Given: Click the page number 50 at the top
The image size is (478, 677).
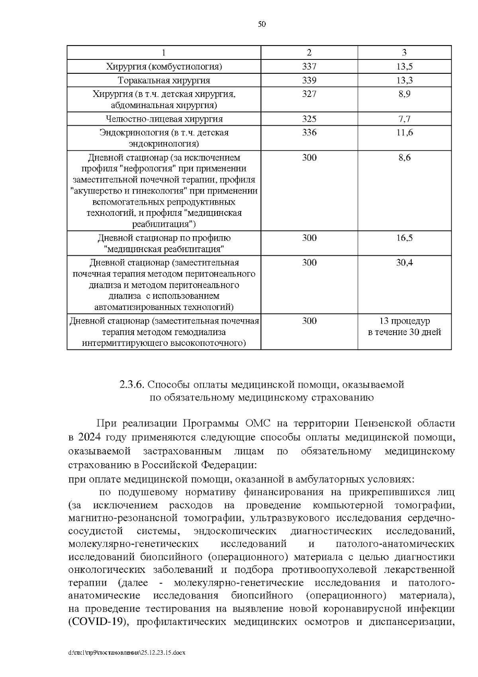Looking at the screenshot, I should pos(262,24).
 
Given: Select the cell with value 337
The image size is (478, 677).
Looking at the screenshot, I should pos(309,67).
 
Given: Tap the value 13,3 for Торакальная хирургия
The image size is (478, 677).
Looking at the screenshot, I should pos(404,80).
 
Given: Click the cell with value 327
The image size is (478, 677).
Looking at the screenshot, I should pos(309,94).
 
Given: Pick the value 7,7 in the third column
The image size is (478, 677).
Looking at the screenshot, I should pos(404,119).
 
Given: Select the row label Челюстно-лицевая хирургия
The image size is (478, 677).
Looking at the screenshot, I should pos(164,119).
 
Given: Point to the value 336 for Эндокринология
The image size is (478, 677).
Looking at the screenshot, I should pos(309,132).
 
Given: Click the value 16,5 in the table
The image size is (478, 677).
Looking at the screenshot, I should pos(404,238).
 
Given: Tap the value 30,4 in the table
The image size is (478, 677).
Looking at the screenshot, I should pos(404,263).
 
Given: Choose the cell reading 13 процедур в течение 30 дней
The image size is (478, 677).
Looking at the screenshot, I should pos(404,327).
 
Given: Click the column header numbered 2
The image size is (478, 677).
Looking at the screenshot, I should pos(309,53).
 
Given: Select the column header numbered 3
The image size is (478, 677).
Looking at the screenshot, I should pos(404,53).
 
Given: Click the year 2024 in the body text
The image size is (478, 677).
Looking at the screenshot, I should pos(90,437).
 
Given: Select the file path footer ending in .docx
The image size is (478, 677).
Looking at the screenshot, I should pos(127,653).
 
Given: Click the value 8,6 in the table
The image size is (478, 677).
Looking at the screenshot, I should pos(404,158).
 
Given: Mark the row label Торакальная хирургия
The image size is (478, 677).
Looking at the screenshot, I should pos(164,80).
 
